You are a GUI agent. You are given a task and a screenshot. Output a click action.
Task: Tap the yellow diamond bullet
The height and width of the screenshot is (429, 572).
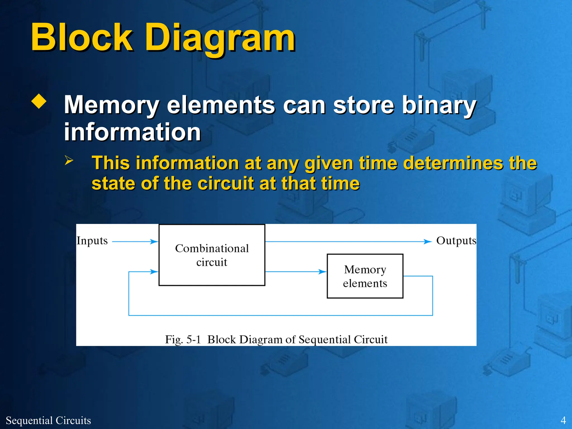(x=39, y=101)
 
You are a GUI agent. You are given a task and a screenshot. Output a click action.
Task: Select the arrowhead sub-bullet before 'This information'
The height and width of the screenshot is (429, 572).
(x=69, y=160)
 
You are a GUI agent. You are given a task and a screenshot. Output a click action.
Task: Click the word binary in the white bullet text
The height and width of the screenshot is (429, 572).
(x=439, y=106)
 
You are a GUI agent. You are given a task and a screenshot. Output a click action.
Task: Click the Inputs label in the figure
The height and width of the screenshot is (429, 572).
(x=92, y=241)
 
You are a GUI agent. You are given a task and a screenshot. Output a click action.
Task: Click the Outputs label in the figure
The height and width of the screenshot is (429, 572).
(x=456, y=241)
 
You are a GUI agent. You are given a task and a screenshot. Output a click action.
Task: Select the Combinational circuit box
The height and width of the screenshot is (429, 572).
(x=212, y=255)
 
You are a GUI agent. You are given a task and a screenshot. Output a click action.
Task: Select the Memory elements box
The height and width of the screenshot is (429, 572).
(x=365, y=276)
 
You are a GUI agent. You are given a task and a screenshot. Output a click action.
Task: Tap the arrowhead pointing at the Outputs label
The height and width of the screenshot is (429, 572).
(x=428, y=242)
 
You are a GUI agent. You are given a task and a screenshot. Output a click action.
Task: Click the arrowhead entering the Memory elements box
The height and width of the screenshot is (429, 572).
(x=322, y=271)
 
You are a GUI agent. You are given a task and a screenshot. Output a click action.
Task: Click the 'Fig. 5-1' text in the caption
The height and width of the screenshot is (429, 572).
(x=183, y=340)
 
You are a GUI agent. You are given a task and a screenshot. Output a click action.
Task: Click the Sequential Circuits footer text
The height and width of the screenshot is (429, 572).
(x=48, y=420)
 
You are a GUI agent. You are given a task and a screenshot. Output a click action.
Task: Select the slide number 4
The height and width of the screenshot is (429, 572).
(x=563, y=420)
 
